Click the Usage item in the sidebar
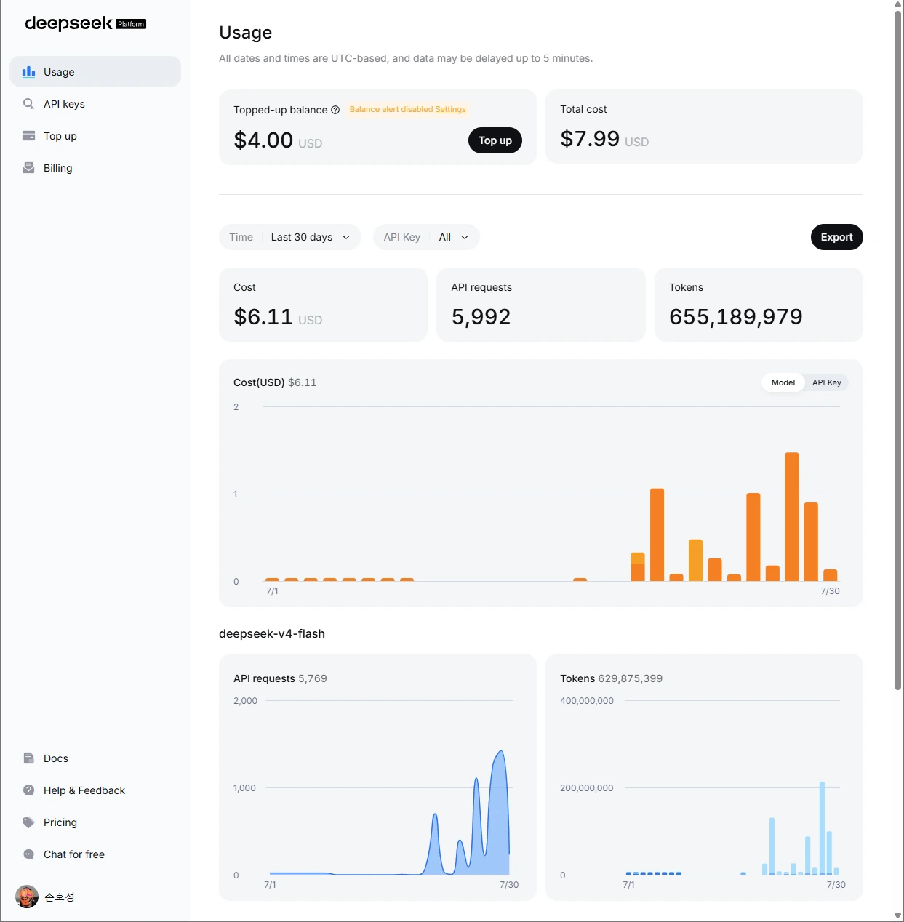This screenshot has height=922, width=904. click(x=95, y=72)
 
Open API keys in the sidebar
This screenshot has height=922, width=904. click(x=64, y=104)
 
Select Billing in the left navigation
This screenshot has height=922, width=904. click(x=57, y=168)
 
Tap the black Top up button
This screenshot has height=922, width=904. click(x=495, y=140)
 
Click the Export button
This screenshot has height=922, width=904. click(x=836, y=237)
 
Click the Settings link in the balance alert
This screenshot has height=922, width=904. click(x=450, y=109)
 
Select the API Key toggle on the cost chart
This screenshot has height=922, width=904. click(x=826, y=382)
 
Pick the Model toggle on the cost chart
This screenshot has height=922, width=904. click(x=783, y=382)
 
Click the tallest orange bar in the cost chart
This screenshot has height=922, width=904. click(x=791, y=517)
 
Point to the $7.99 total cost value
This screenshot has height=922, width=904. click(x=590, y=139)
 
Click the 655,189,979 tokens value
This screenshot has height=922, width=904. click(x=735, y=317)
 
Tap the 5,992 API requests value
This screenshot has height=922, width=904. click(x=481, y=317)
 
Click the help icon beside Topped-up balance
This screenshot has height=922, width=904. click(x=335, y=110)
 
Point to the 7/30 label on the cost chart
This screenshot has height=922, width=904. click(x=830, y=591)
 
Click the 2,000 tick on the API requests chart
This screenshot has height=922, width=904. click(x=245, y=700)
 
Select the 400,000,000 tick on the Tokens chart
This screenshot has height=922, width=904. click(x=587, y=700)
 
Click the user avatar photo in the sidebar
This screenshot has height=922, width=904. click(x=27, y=897)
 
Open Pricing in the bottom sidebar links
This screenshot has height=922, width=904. click(x=60, y=822)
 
